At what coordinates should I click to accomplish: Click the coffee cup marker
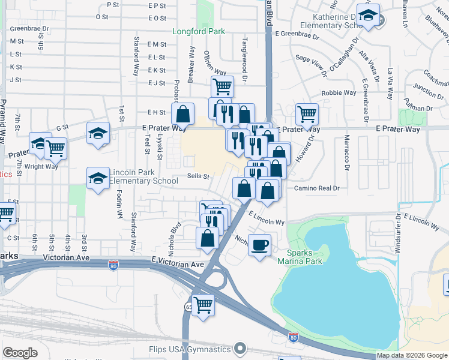click(259, 245)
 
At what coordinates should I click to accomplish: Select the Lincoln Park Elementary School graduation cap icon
click(98, 177)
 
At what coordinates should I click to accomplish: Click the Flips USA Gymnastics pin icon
click(240, 348)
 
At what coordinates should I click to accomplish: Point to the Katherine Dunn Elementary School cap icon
click(368, 16)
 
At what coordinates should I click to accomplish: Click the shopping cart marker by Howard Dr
click(307, 113)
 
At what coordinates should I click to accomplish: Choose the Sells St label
click(197, 176)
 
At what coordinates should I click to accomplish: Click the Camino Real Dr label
click(316, 188)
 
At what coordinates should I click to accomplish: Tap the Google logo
click(20, 353)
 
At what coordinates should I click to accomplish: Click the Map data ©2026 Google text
click(412, 355)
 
